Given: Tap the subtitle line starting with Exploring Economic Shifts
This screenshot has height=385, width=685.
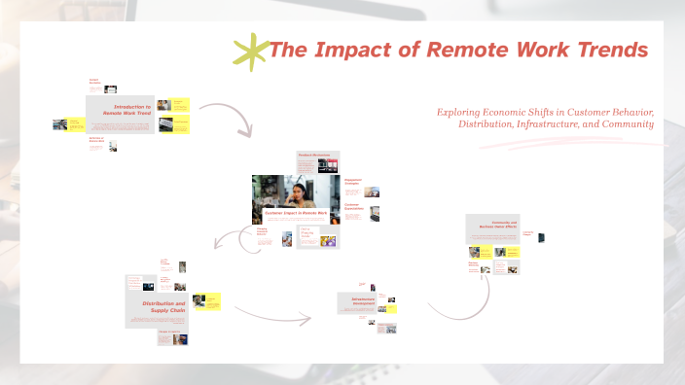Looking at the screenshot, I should coord(545,112).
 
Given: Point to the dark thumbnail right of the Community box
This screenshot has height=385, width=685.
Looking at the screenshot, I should coord(541,236).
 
